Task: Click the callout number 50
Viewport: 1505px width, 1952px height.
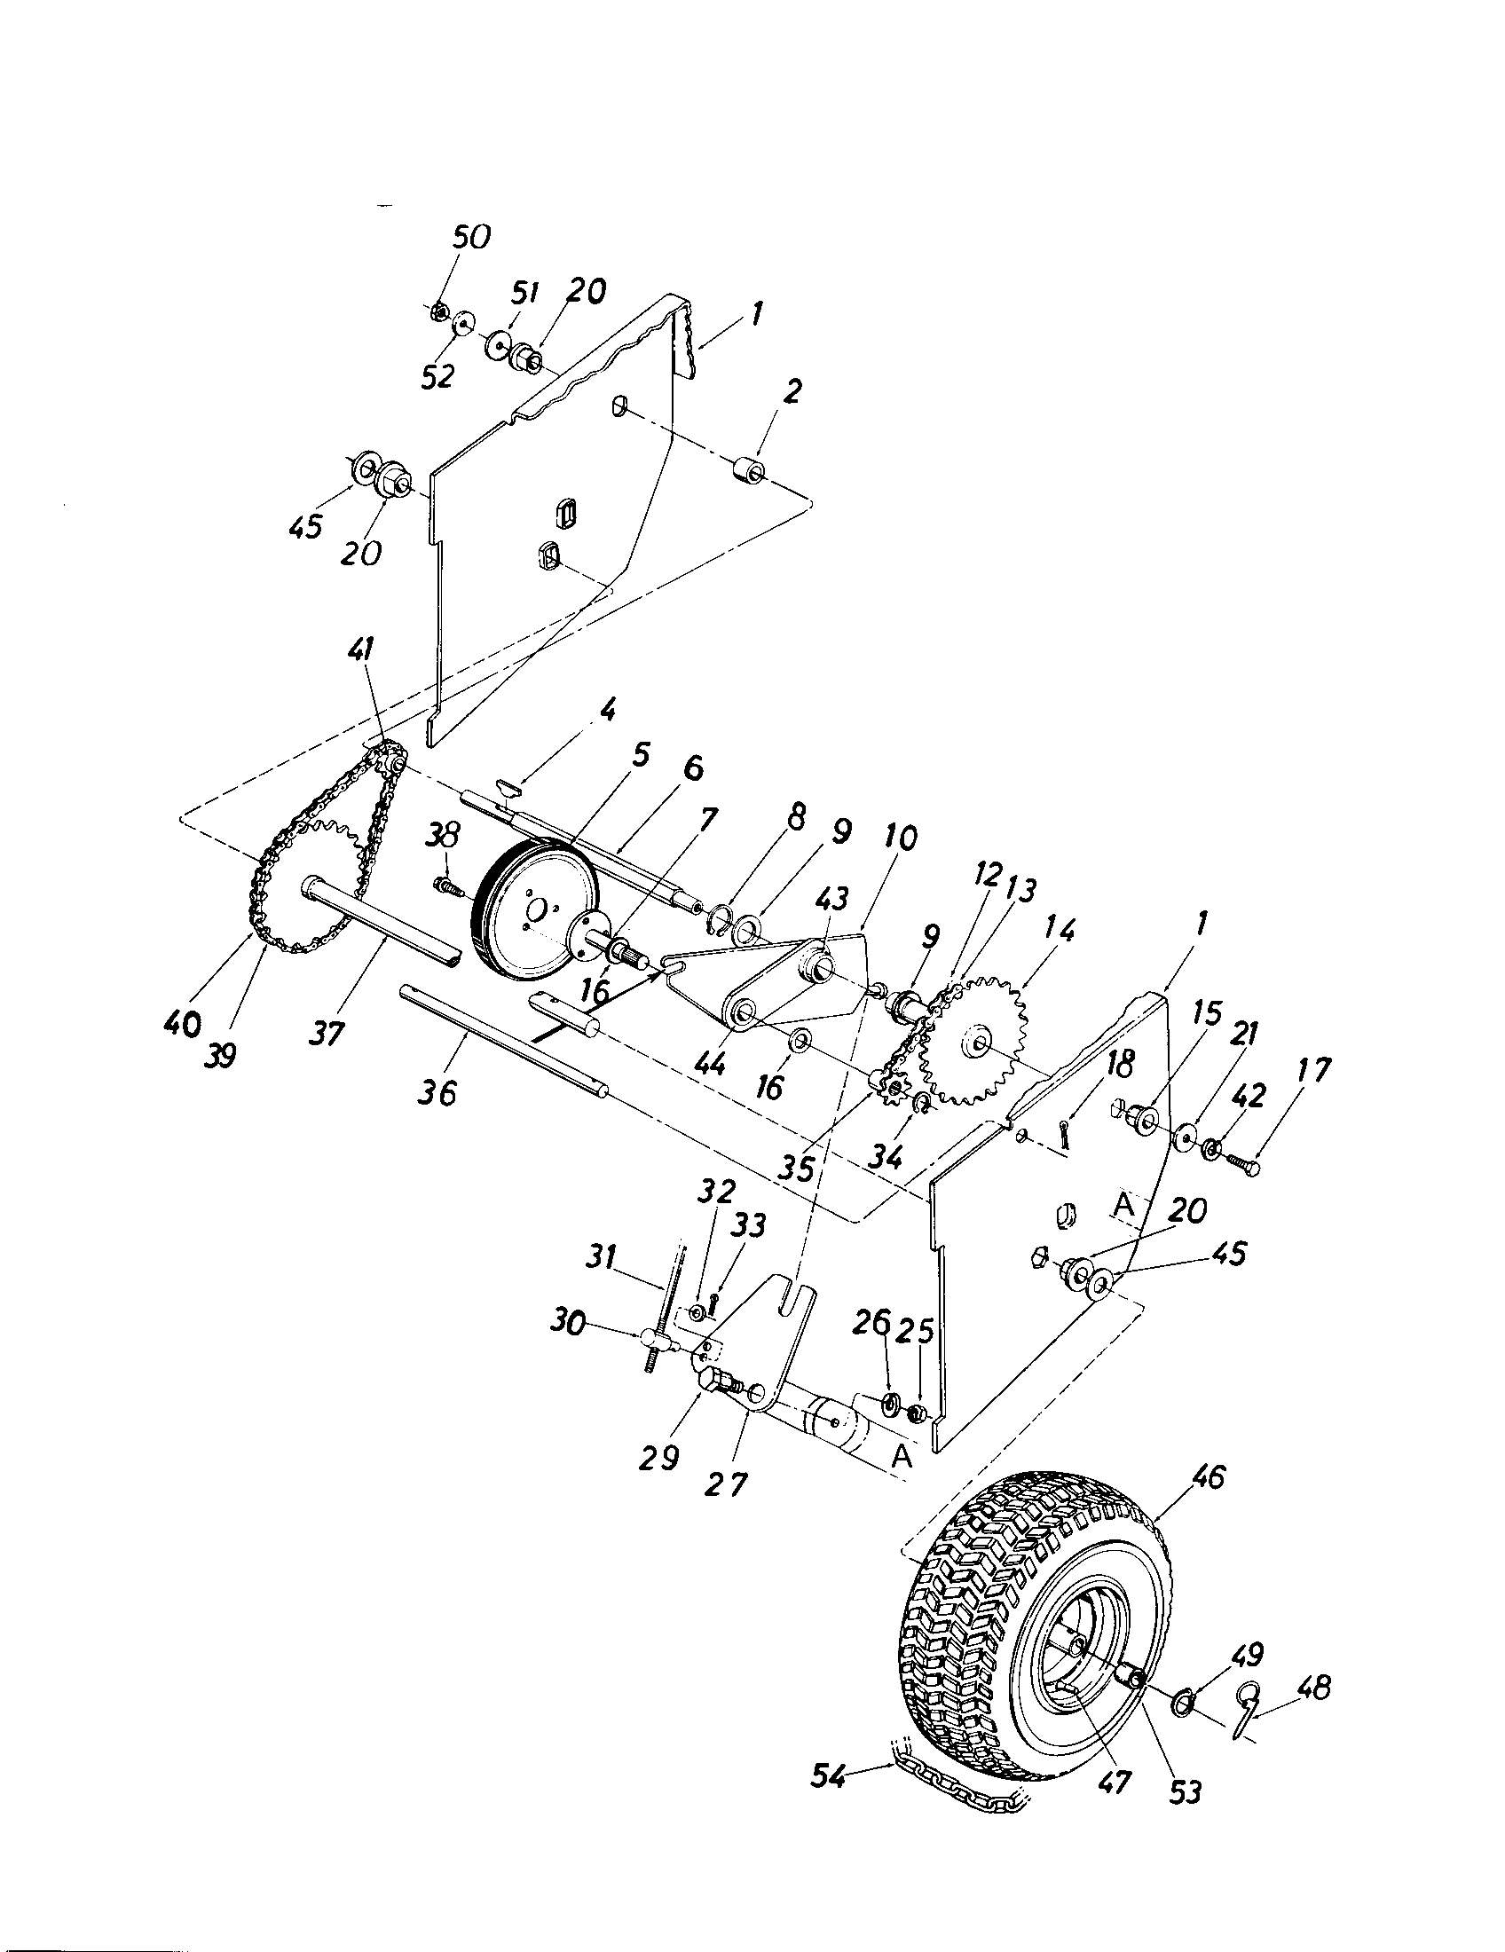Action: tap(471, 238)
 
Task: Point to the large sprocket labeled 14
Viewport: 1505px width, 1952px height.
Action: tap(976, 1041)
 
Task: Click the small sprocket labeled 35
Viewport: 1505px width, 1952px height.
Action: tap(889, 1089)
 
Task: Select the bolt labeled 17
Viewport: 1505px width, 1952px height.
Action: tap(1244, 1164)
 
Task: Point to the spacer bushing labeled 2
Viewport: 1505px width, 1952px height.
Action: tap(748, 470)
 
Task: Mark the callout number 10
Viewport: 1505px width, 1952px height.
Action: tap(901, 838)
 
